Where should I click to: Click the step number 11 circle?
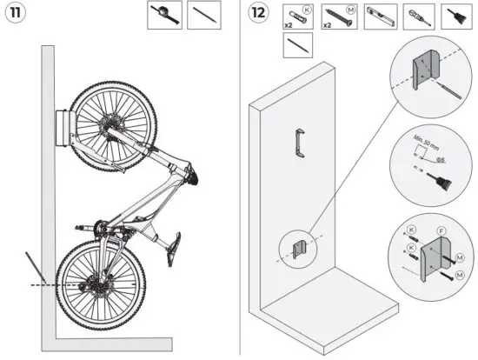(x=16, y=15)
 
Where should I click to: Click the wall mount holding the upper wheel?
(x=62, y=130)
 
